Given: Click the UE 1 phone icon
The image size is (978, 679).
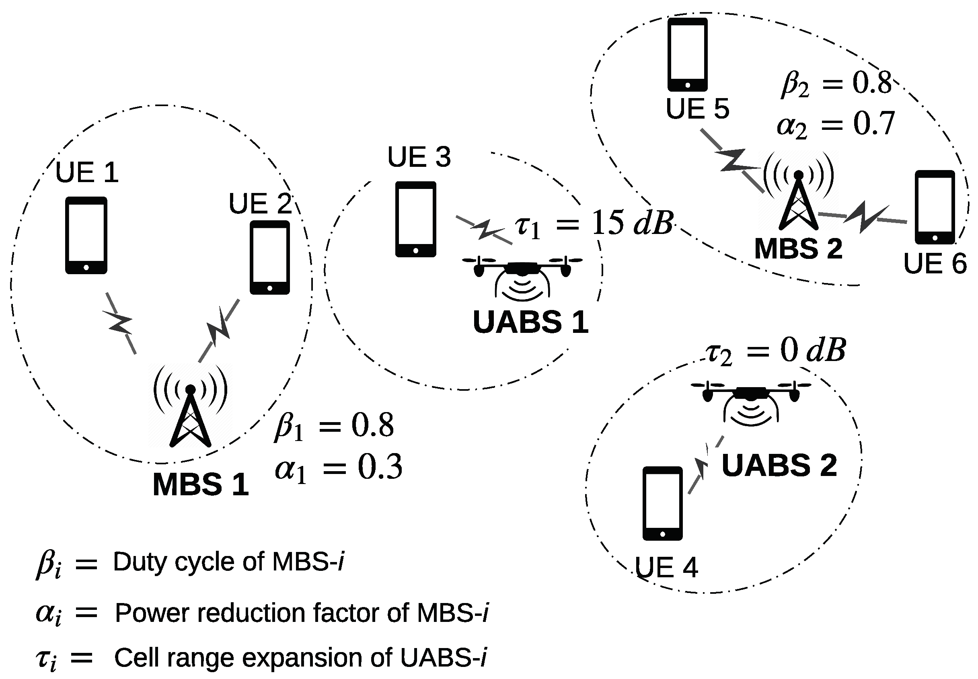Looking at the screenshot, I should click(x=86, y=235).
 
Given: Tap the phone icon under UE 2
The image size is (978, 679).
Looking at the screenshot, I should click(x=269, y=257).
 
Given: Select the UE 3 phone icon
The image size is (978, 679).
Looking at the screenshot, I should click(x=415, y=219).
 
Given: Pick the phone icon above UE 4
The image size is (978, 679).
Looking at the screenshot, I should click(x=662, y=503).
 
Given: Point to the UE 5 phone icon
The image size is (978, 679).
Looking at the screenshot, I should click(x=687, y=54).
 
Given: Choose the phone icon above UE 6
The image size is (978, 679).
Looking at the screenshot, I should click(x=935, y=207).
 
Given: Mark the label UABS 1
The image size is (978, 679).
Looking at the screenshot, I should click(x=530, y=322).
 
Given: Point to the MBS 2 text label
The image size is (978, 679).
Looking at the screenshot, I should click(x=798, y=249).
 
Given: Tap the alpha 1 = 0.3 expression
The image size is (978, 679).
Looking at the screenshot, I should click(x=338, y=467).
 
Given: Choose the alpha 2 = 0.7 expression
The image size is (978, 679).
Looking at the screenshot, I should click(x=835, y=124).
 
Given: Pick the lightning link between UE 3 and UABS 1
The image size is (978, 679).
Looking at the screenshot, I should click(x=484, y=230).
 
